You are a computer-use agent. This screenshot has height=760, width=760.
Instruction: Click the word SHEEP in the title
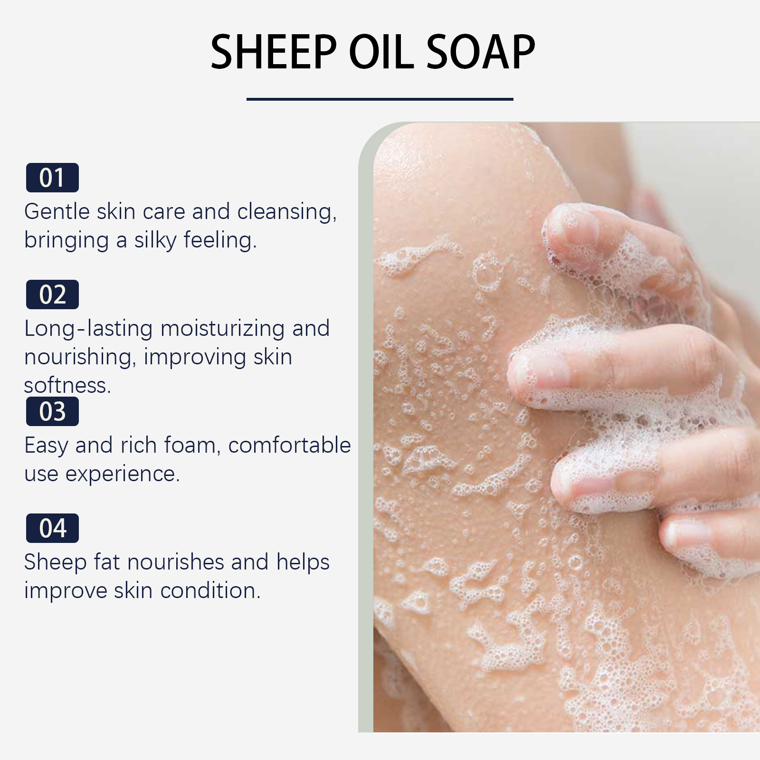(x=274, y=52)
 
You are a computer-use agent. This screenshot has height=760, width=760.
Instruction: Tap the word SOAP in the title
(x=481, y=52)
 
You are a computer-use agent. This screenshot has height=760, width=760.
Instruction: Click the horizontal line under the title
(x=380, y=99)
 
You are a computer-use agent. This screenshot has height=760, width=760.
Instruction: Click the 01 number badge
(x=52, y=178)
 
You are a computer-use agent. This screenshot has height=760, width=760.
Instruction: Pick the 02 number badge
(x=52, y=294)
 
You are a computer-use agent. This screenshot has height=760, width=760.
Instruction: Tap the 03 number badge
(x=52, y=411)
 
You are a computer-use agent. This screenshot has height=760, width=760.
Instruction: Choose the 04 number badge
(x=52, y=528)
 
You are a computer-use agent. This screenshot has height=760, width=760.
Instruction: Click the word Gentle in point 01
(x=57, y=211)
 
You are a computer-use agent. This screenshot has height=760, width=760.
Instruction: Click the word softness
(x=67, y=386)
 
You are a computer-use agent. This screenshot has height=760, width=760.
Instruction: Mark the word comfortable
(x=290, y=446)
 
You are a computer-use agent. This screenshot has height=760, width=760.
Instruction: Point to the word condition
(x=210, y=591)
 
